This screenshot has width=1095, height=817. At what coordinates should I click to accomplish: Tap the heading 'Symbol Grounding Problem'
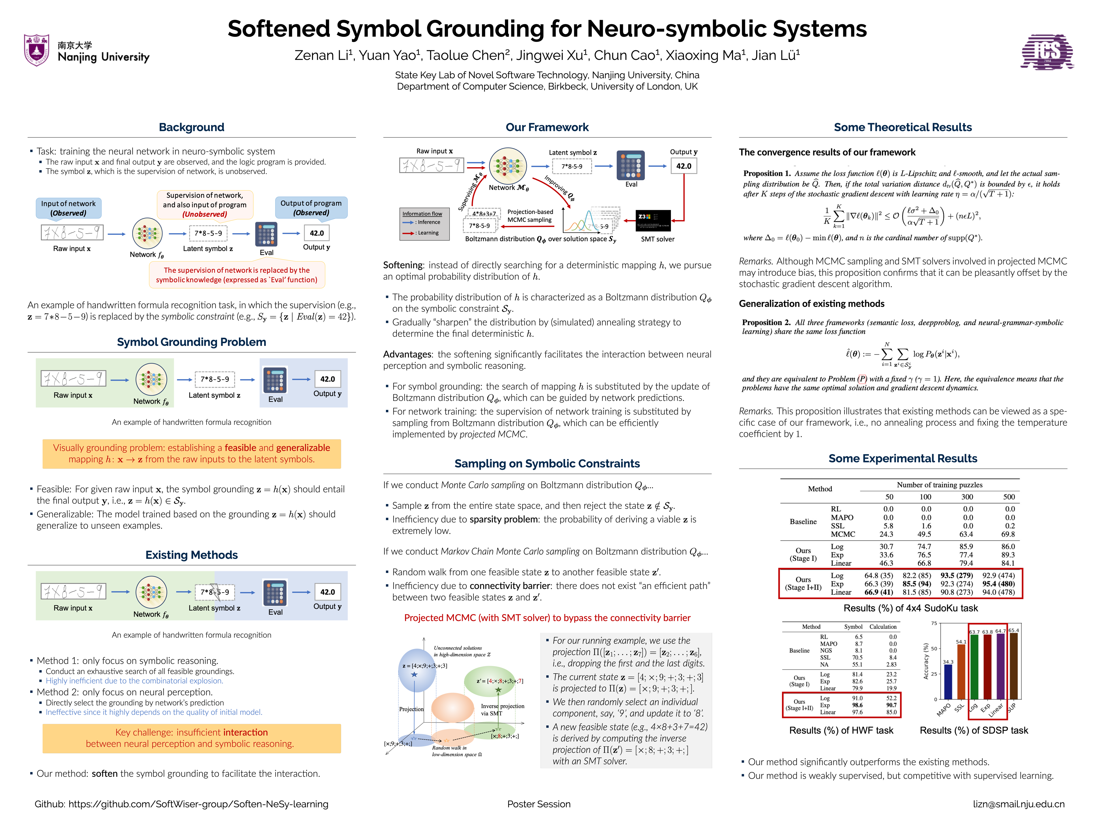tap(191, 342)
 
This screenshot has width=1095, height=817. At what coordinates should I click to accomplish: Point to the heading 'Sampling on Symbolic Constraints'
tap(547, 464)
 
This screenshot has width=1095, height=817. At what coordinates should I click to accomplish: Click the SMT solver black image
tap(652, 221)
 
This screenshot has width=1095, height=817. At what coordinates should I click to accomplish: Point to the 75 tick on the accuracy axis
tap(934, 623)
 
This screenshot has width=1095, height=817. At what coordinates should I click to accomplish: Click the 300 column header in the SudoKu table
tap(967, 497)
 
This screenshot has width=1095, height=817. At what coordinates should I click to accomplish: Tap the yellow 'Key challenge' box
tap(191, 738)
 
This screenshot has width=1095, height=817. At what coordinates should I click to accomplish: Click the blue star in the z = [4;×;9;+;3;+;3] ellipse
tap(414, 675)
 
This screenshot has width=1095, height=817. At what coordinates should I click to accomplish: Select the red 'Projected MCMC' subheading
tap(547, 618)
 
